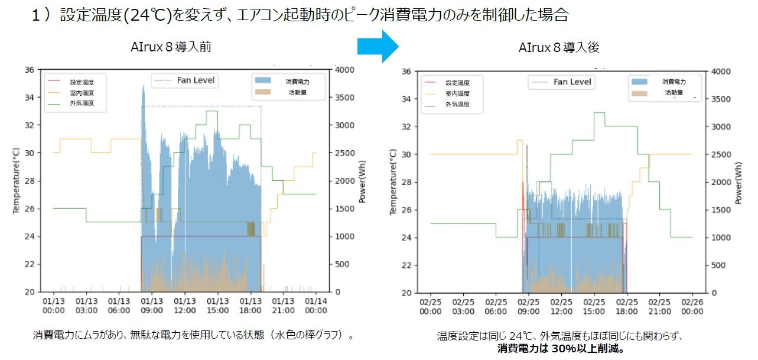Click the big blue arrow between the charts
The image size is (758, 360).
tap(379, 46)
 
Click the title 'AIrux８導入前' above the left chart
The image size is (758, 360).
tap(171, 47)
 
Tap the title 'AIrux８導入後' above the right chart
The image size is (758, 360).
tap(559, 47)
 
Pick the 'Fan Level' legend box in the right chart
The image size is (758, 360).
tap(561, 82)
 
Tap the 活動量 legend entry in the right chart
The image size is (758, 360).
tap(674, 92)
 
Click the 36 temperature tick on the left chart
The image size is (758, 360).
tap(29, 69)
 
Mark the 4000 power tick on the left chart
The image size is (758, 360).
tap(343, 69)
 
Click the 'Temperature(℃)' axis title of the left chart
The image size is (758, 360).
tap(17, 180)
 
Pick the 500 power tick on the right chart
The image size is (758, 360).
tap(717, 265)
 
